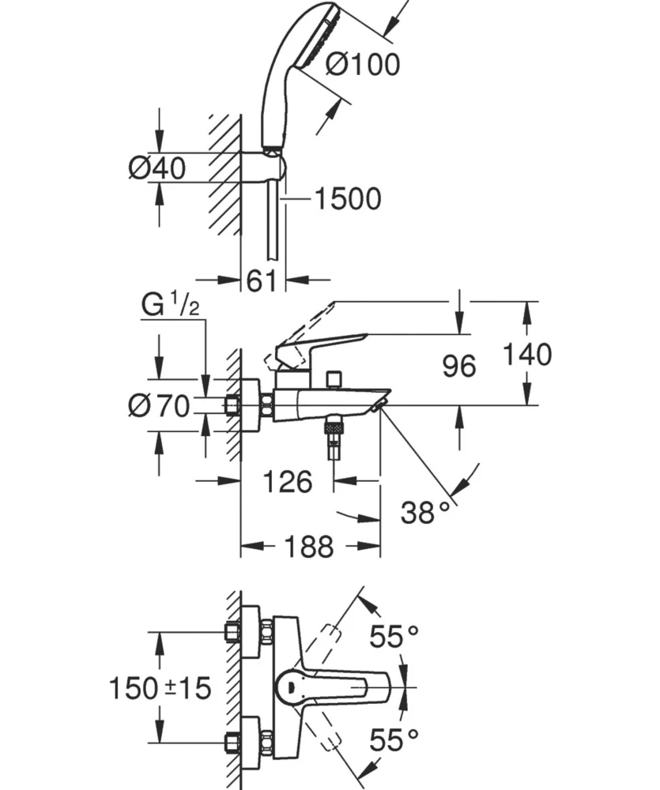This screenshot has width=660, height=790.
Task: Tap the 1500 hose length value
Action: click(347, 199)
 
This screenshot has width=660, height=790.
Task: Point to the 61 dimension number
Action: click(261, 280)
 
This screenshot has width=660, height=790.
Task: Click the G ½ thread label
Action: click(170, 306)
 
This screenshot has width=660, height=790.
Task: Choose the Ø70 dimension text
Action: click(159, 406)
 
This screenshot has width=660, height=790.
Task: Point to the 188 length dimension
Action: click(309, 546)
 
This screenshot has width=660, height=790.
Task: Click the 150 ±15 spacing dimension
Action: click(160, 688)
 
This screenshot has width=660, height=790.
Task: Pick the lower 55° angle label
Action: click(394, 740)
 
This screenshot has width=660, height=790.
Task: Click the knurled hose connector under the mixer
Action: click(334, 430)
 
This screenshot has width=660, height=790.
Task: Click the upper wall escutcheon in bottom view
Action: click(251, 631)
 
